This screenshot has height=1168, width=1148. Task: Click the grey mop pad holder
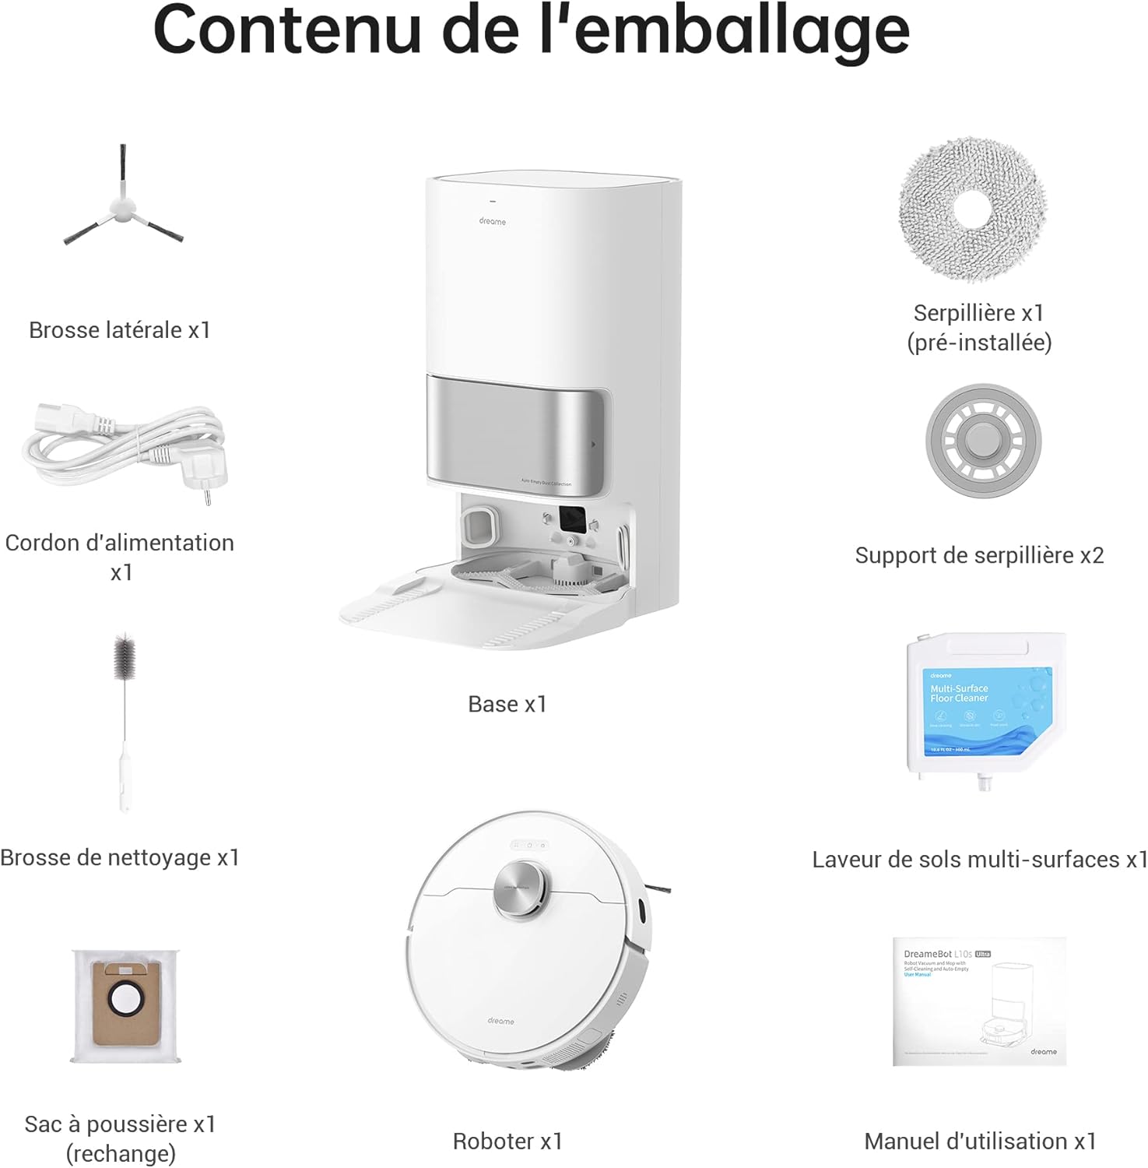tap(983, 442)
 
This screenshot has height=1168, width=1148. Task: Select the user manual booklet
tap(980, 1002)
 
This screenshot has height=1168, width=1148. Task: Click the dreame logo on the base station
tap(493, 222)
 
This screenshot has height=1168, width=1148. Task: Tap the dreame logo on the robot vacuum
tap(501, 1021)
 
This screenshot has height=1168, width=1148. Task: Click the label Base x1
tap(507, 705)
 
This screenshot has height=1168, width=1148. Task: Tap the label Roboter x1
tap(507, 1142)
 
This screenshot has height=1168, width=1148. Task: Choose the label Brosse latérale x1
tap(120, 330)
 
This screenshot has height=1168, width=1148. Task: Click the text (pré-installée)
tap(979, 343)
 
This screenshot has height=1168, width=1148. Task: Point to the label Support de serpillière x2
tap(979, 555)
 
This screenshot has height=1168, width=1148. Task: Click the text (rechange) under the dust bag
tap(121, 1153)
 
